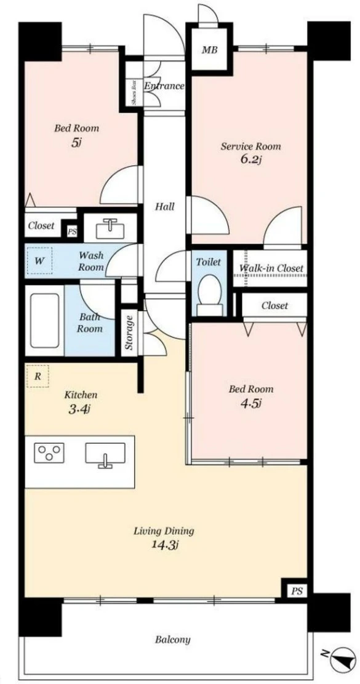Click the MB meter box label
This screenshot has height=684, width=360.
209,50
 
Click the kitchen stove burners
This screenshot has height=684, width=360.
49,453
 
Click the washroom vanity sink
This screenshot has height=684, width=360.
110,228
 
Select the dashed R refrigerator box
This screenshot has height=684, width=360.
38,376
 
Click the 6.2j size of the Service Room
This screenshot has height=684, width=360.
250,159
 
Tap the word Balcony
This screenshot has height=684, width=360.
172,640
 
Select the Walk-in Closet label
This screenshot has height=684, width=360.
271,268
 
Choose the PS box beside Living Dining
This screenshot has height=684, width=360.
297,592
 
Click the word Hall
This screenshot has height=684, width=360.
165,206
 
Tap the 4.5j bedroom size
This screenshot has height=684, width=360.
250,403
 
